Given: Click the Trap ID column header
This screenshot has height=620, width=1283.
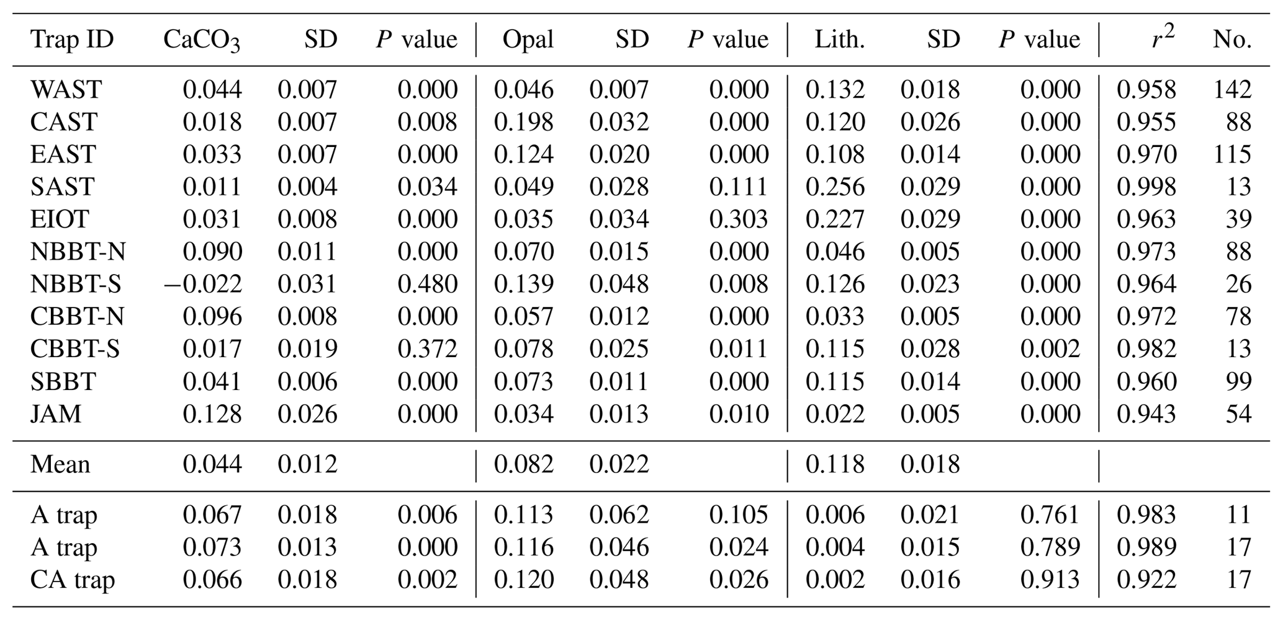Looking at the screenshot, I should coord(72,40).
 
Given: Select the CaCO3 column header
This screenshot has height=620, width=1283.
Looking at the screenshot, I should coord(201,40).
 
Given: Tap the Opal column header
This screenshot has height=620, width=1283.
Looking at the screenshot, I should coord(528,40).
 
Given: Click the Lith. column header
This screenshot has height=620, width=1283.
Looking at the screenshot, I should coord(839,40).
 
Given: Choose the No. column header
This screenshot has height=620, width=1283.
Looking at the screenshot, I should coord(1231,40).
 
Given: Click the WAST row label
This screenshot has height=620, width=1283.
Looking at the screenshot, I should coord(66,90).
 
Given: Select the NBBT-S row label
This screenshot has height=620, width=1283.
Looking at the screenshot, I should coord(76,285).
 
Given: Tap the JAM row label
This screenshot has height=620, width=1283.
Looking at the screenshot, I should coord(56,414).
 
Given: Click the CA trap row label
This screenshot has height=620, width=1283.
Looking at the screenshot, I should coord(73,580).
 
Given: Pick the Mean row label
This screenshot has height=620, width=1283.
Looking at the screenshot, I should coord(60,464).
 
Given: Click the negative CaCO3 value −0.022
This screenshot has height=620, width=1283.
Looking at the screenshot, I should coord(202,285).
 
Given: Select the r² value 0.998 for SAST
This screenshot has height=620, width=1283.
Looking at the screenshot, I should coord(1146,187).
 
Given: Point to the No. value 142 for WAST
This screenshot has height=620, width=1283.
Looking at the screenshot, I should coord(1231,90).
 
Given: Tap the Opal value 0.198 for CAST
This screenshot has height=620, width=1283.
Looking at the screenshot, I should coord(523,122).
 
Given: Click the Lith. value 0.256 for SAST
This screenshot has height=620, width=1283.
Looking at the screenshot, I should coord(835,187).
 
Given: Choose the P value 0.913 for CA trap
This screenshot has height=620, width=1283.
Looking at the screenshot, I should coord(1050,580).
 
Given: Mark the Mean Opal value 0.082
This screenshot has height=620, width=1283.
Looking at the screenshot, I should coord(523,464).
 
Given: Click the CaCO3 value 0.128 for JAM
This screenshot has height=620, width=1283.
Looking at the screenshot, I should coord(212,414).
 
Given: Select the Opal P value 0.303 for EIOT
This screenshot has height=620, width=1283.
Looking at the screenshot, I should coord(739,219).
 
